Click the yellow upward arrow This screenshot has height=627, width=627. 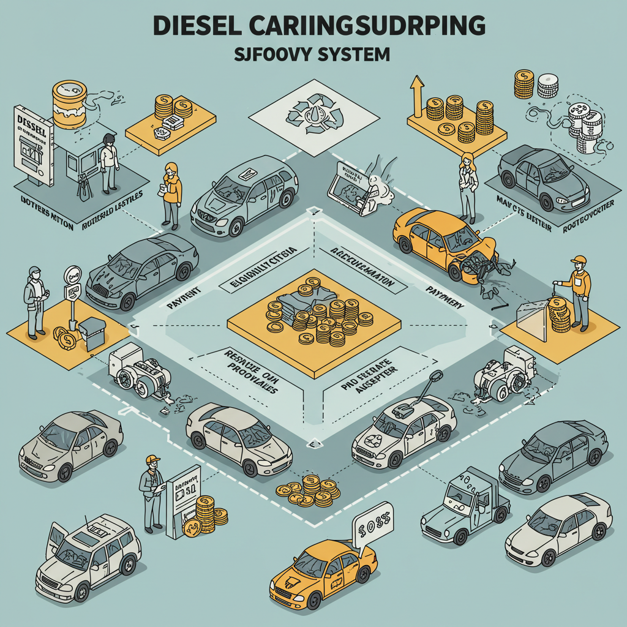click(x=418, y=94)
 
